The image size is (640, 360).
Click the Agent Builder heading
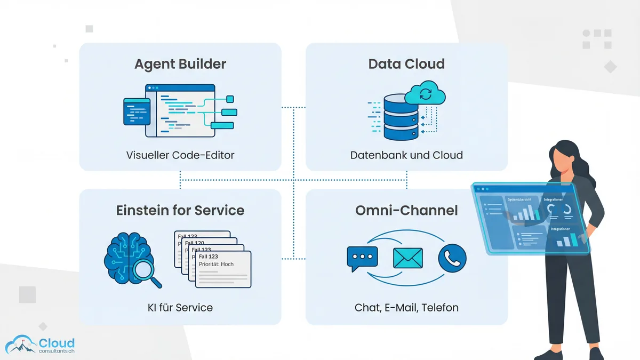(180, 64)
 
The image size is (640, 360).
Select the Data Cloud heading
(406, 64)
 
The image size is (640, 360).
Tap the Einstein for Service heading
(180, 210)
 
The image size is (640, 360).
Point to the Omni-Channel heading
(406, 210)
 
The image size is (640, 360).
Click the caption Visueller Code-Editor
(180, 155)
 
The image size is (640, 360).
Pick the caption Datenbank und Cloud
(406, 155)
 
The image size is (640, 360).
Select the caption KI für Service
(180, 307)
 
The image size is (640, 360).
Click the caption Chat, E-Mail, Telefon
(406, 307)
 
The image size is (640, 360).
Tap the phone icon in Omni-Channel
(452, 258)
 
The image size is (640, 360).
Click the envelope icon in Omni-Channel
(407, 258)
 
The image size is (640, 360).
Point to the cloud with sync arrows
(425, 94)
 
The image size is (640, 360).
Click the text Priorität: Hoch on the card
(217, 264)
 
